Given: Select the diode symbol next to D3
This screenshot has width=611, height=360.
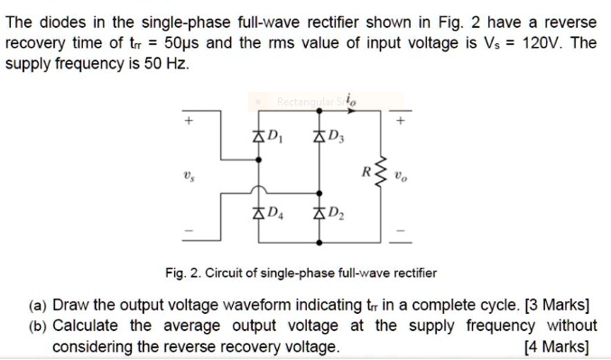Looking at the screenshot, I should coord(318,138).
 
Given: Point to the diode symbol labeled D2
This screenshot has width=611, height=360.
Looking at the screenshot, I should coord(318,214).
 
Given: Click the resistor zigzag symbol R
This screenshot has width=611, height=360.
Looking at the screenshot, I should coord(379,175).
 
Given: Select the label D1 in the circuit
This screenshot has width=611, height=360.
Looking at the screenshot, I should coord(276,138).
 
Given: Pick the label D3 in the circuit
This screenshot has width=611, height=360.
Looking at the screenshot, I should coord(336,138).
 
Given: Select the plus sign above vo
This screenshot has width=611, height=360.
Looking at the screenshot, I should coord(402,119).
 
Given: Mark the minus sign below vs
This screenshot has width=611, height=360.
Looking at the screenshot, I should coord(190,232).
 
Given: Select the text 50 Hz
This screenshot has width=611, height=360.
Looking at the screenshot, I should coord(166,65).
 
